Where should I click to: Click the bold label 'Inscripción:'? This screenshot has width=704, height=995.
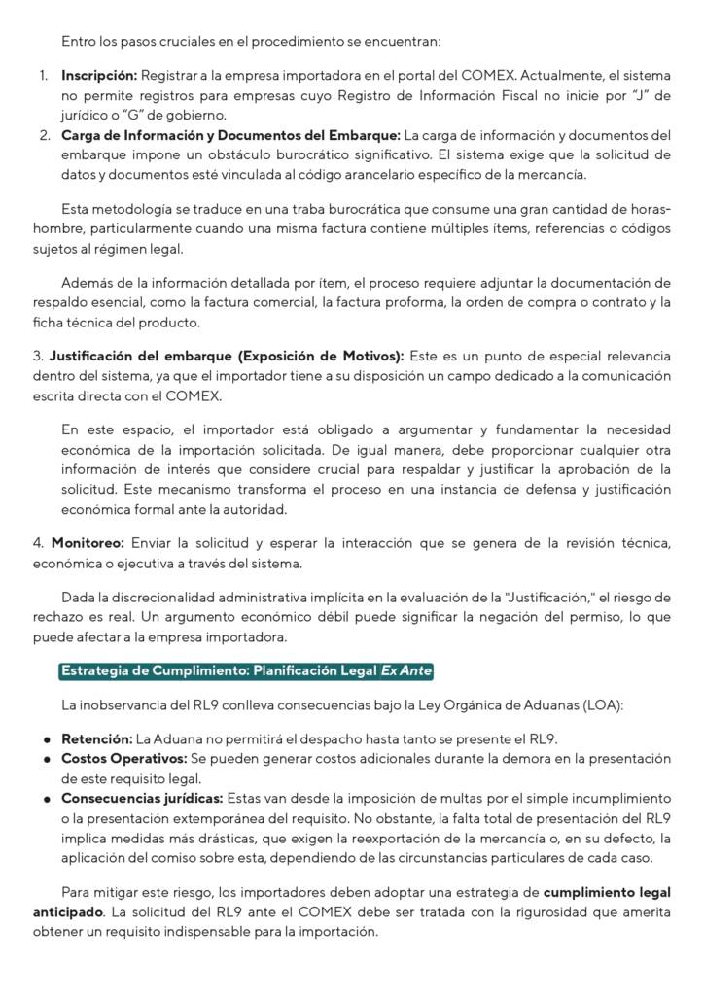pyautogui.click(x=99, y=75)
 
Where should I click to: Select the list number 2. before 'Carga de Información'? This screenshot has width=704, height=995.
pyautogui.click(x=45, y=134)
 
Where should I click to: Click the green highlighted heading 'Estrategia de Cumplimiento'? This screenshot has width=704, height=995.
pyautogui.click(x=246, y=671)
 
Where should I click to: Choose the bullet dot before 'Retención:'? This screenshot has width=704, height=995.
pyautogui.click(x=46, y=738)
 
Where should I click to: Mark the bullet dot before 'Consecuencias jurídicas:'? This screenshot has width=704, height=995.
pyautogui.click(x=46, y=798)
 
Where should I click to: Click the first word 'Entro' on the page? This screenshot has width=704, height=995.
pyautogui.click(x=79, y=41)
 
